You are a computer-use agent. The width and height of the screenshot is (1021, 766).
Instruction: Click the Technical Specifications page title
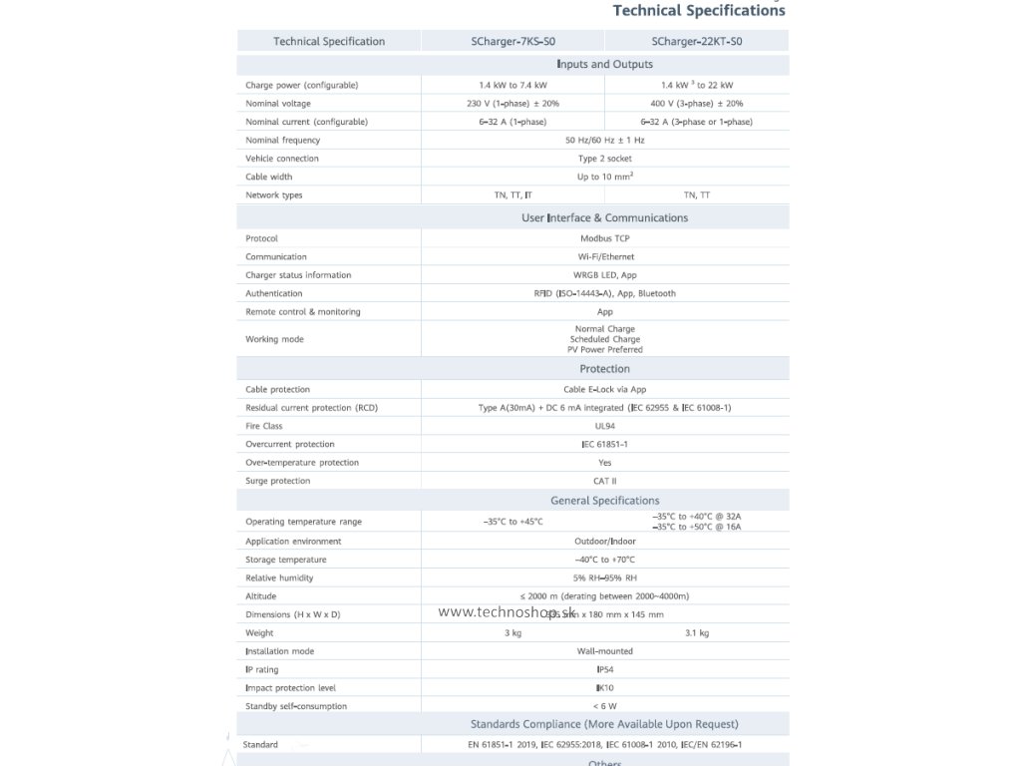(698, 11)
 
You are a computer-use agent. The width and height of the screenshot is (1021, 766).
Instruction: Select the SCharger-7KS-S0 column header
(512, 42)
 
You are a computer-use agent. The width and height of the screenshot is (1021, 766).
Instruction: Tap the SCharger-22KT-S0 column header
(696, 42)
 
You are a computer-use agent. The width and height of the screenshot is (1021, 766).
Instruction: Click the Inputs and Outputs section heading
(604, 65)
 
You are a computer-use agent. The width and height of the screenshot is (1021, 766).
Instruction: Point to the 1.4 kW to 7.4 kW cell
(512, 86)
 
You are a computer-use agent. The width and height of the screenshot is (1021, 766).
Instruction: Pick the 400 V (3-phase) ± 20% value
(696, 104)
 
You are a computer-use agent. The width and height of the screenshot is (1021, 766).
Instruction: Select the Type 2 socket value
(604, 159)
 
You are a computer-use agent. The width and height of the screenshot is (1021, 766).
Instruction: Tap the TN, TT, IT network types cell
(512, 195)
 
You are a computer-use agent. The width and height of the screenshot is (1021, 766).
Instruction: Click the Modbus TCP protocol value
(604, 239)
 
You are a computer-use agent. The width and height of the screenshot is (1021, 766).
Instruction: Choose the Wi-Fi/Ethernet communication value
(604, 257)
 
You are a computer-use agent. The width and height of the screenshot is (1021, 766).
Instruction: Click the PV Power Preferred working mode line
(604, 350)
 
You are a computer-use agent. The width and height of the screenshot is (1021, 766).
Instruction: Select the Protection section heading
(604, 369)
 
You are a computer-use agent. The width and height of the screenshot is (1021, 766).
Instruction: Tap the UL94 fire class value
(604, 427)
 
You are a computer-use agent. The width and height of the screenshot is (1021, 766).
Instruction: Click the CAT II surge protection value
(604, 482)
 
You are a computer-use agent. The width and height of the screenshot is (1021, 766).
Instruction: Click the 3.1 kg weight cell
(696, 633)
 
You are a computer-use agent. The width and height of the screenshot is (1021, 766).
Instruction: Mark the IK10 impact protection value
(604, 688)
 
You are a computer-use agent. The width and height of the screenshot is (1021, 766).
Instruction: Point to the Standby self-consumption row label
(296, 707)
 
